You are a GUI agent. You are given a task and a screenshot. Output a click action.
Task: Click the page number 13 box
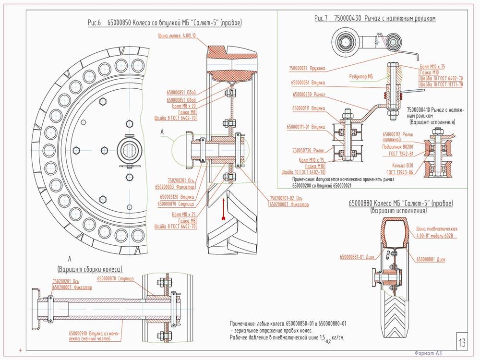[462, 343]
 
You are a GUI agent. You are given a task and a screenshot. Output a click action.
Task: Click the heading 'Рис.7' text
[321, 18]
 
